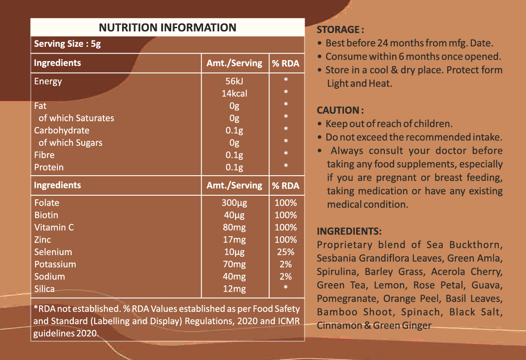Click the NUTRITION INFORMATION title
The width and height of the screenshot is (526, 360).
[x=168, y=27]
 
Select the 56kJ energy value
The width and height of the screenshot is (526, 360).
[x=235, y=81]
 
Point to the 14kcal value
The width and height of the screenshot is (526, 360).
[x=235, y=94]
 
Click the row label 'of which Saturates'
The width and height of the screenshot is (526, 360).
[x=76, y=118]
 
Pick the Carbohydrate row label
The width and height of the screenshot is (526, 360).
[x=62, y=131]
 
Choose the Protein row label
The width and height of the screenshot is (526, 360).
[x=49, y=167]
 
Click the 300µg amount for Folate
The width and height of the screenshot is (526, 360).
[x=235, y=203]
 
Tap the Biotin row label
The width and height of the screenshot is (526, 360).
[x=46, y=215]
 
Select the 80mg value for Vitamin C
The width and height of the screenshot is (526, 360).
[x=235, y=228]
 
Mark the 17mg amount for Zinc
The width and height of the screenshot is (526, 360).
[x=235, y=240]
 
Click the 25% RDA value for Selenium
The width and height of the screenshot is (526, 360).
[x=286, y=252]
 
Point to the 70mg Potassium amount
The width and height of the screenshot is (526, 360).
[x=235, y=264]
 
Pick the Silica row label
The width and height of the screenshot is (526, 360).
[x=44, y=289]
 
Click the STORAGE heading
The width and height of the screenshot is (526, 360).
[x=340, y=30]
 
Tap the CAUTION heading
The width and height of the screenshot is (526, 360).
[x=340, y=110]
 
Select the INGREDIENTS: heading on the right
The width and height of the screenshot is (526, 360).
[x=349, y=231]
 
